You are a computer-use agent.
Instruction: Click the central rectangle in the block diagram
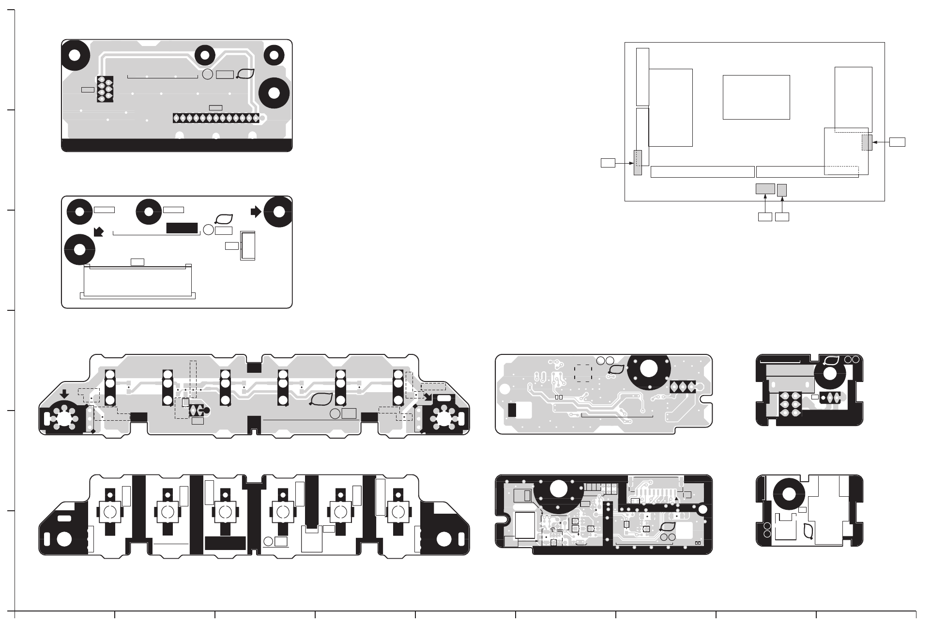(756, 97)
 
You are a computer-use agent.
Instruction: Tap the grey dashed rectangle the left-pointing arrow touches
(867, 143)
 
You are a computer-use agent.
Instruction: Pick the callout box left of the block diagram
(608, 163)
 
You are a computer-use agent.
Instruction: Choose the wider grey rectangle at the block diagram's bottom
(765, 189)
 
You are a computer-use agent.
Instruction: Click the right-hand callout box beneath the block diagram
(782, 217)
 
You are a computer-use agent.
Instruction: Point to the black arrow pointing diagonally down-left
(99, 232)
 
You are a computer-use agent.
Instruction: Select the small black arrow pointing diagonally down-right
(427, 397)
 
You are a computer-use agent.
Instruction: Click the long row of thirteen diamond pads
(216, 118)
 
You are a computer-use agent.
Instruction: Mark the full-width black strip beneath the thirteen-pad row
(177, 145)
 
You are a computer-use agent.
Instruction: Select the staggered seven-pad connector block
(105, 89)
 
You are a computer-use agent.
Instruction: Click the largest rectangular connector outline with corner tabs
(138, 281)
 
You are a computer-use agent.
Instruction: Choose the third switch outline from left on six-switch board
(225, 512)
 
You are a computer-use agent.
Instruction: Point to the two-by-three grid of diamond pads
(790, 404)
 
